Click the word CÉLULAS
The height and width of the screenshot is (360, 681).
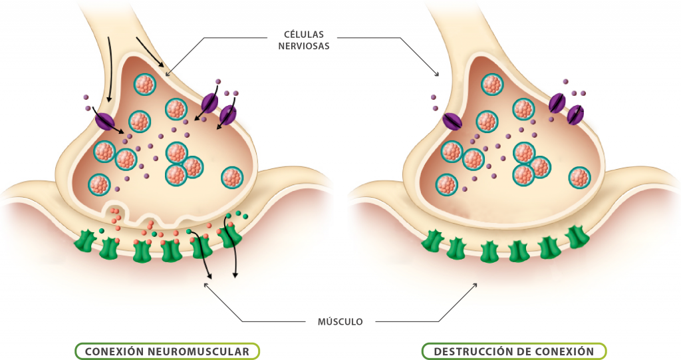(303, 34)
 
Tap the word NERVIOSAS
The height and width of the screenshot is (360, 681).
(303, 46)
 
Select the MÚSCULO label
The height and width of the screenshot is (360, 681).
(340, 322)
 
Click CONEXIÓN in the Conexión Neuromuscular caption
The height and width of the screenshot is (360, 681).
(114, 351)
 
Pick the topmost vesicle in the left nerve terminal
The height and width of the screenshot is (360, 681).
(144, 85)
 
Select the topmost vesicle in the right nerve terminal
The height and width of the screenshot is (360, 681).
(492, 85)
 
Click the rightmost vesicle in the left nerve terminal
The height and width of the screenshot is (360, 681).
(232, 178)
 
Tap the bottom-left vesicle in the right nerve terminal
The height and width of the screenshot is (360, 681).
(446, 184)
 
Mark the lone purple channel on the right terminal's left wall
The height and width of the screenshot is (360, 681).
(452, 121)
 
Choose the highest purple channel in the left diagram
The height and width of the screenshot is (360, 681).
(209, 102)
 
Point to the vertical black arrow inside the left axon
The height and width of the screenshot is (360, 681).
(108, 70)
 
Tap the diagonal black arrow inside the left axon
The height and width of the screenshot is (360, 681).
(150, 52)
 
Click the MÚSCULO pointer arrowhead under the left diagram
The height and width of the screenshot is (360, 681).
(205, 285)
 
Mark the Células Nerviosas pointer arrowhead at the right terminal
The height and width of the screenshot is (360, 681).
(437, 75)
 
